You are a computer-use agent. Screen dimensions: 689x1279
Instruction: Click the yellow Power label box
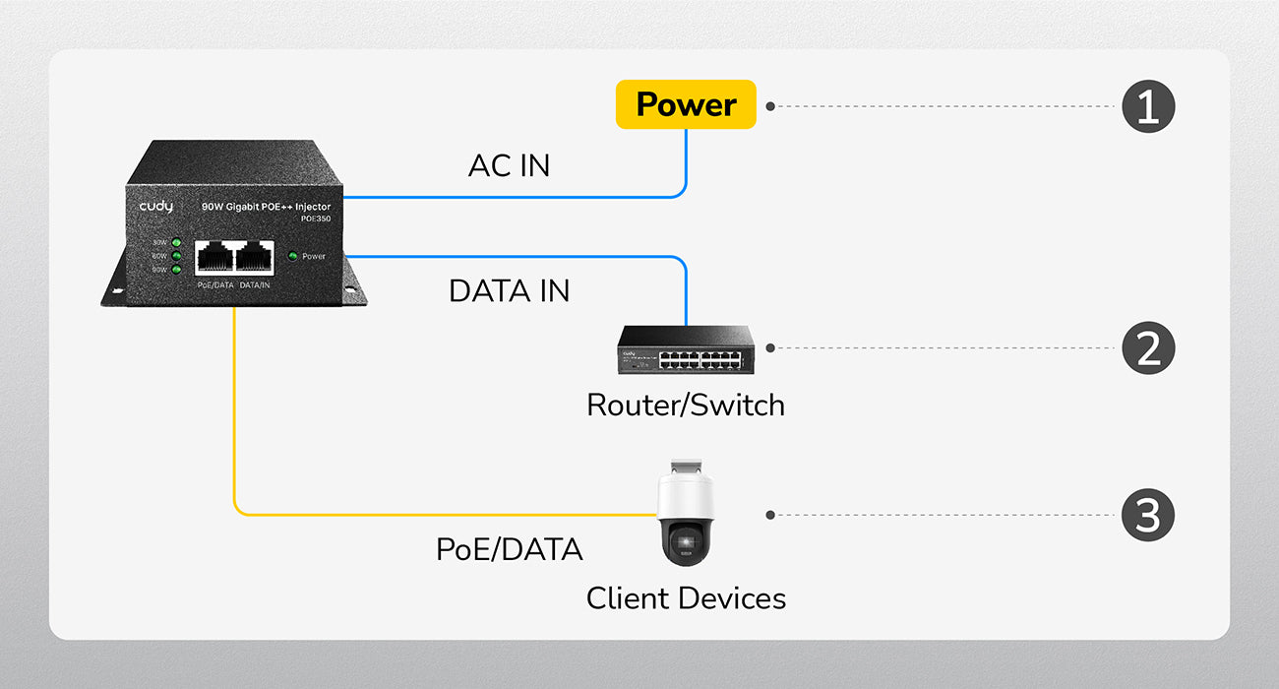pos(686,104)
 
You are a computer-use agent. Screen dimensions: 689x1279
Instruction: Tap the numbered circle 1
pos(1148,105)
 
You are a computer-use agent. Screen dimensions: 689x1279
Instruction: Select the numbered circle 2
pos(1148,348)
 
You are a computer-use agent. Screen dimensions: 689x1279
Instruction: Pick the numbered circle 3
pos(1148,515)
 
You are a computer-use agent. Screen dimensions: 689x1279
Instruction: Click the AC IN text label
pos(509,166)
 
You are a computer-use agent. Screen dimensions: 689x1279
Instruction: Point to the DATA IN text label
pos(509,291)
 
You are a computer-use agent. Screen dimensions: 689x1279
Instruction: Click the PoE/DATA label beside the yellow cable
pos(509,549)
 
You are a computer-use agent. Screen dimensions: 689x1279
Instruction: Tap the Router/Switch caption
pos(686,405)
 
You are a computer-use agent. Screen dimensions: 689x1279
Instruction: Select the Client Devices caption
pos(686,598)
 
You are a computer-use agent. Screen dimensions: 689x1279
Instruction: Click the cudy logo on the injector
pos(155,207)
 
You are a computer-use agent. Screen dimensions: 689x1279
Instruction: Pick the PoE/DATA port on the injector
pos(214,257)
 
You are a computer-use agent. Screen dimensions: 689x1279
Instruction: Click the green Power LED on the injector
pos(292,257)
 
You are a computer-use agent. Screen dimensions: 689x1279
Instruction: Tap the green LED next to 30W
pos(176,242)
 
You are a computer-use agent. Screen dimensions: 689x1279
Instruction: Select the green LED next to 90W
pos(176,269)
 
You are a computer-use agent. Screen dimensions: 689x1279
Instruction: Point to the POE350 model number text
pos(316,219)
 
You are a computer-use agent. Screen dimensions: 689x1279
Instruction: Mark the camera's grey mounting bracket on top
pos(685,468)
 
